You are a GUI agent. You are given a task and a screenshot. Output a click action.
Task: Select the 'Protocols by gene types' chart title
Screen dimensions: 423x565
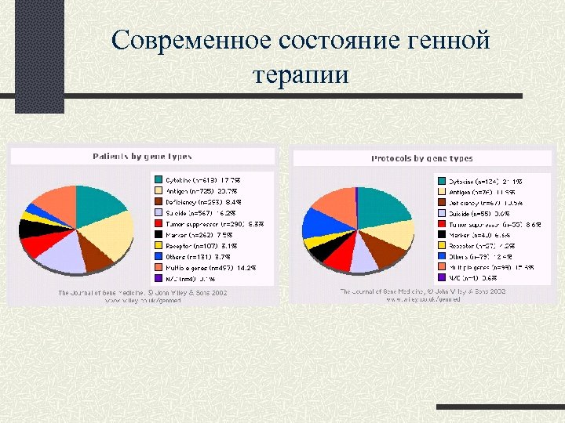coord(421,158)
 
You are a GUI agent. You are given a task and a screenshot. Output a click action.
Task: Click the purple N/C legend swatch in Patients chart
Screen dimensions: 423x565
coord(158,277)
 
